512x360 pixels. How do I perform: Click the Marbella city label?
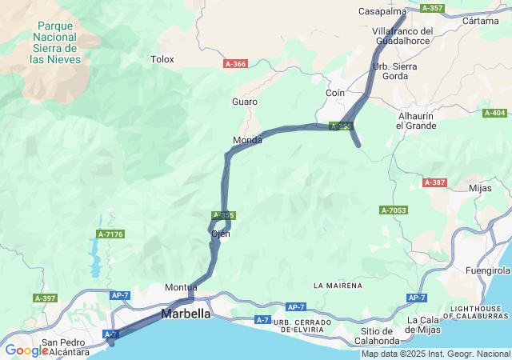pyautogui.click(x=186, y=314)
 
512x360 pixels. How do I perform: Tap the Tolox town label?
pyautogui.click(x=162, y=58)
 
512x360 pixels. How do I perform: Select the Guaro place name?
pyautogui.click(x=245, y=102)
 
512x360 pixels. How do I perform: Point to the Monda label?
pyautogui.click(x=247, y=140)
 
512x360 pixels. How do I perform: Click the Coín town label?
pyautogui.click(x=335, y=93)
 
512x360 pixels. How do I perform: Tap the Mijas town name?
pyautogui.click(x=480, y=188)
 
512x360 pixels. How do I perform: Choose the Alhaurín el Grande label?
pyautogui.click(x=416, y=121)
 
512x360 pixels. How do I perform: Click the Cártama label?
pyautogui.click(x=481, y=21)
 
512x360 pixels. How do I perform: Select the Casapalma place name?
pyautogui.click(x=382, y=11)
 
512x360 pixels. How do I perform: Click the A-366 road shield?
pyautogui.click(x=235, y=63)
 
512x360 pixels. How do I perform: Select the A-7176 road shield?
pyautogui.click(x=110, y=234)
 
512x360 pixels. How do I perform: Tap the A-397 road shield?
pyautogui.click(x=45, y=298)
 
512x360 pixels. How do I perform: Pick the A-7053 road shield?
pyautogui.click(x=394, y=210)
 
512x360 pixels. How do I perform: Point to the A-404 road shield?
pyautogui.click(x=494, y=113)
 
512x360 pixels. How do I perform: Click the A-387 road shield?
pyautogui.click(x=434, y=182)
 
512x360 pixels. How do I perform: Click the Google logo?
pyautogui.click(x=26, y=350)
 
